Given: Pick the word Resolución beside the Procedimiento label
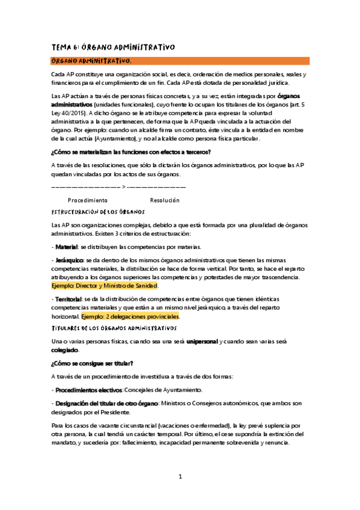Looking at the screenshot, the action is (164, 200).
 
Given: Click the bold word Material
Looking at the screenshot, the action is (68, 247).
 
